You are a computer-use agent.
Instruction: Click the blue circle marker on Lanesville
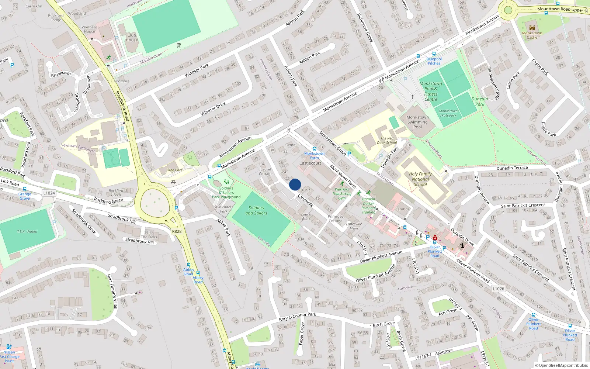point(295,184)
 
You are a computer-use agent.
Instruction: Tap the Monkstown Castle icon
point(532,27)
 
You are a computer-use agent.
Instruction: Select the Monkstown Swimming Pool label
point(417,122)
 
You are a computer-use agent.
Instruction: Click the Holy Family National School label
point(420,179)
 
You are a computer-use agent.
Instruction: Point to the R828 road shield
point(177,231)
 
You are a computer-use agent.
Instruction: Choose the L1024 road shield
point(49,193)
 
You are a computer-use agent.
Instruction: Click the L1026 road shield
point(498,289)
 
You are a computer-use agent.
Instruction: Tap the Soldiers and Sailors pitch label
point(256,210)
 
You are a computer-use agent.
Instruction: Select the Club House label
point(132,38)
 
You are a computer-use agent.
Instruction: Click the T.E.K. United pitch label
point(27,232)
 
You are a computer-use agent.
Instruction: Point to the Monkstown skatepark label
point(448,113)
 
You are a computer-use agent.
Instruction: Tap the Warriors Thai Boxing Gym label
point(342,194)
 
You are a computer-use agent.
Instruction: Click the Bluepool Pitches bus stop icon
point(434,54)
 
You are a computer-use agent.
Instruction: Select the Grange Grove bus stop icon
point(25,189)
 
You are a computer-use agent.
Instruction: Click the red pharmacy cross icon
point(435,238)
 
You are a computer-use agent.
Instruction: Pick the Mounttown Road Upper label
point(560,9)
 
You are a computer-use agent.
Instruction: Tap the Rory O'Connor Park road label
point(298,317)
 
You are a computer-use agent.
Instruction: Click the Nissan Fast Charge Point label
point(10,356)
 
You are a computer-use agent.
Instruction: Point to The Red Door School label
point(387,141)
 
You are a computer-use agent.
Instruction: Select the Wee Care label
point(175,170)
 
